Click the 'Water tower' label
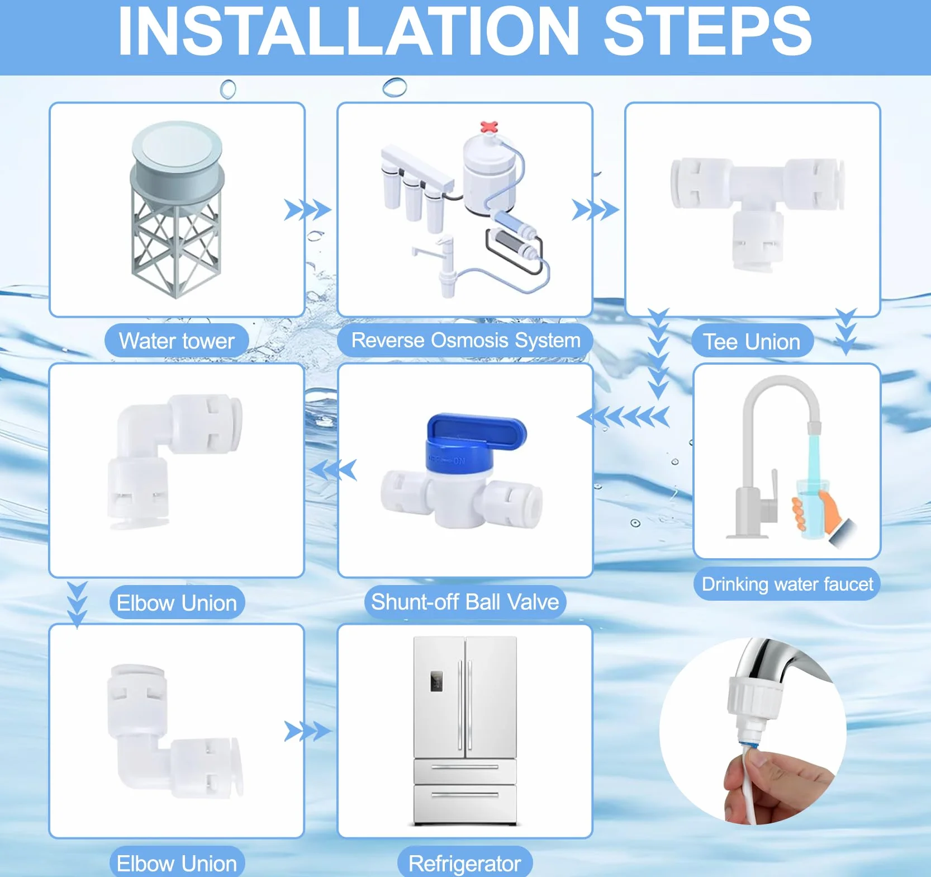(177, 341)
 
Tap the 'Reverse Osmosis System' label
(465, 340)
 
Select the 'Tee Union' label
(752, 342)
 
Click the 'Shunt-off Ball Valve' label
(465, 602)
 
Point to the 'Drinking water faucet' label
(787, 584)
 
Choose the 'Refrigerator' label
(465, 864)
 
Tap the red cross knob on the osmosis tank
(489, 126)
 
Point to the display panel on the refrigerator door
(436, 681)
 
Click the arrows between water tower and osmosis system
(307, 210)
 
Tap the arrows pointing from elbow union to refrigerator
(307, 731)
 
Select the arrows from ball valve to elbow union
(334, 470)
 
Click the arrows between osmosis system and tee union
(596, 210)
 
